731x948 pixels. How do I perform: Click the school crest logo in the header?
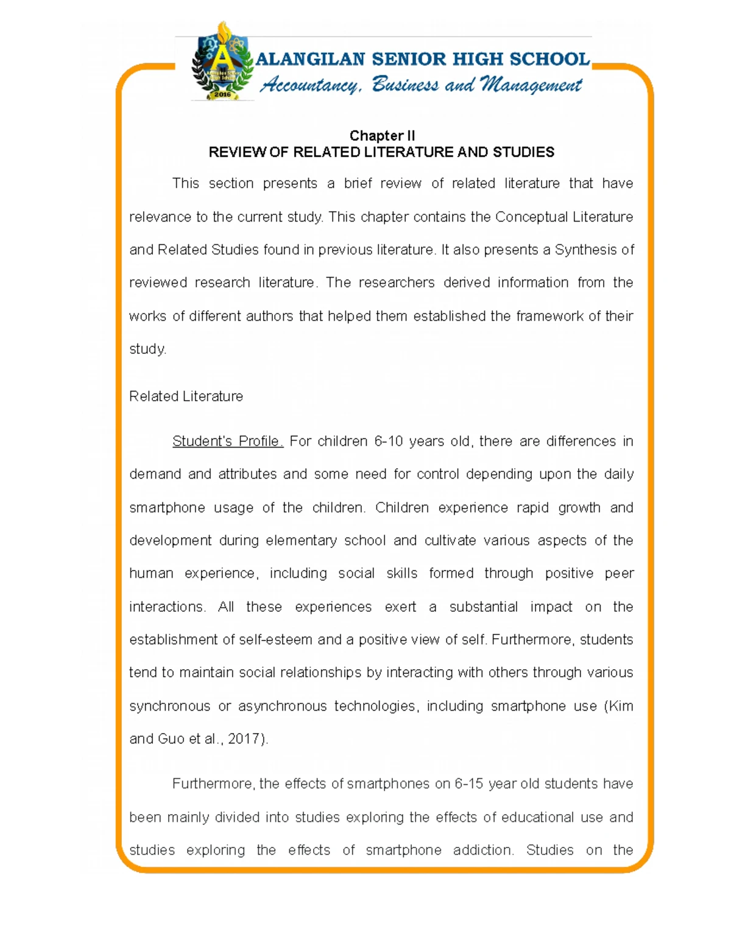222,62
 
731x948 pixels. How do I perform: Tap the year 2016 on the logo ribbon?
222,95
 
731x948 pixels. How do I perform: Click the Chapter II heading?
381,136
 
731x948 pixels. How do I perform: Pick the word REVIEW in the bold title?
237,152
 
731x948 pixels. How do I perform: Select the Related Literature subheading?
186,396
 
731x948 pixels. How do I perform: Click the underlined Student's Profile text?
227,441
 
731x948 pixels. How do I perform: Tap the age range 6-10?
388,441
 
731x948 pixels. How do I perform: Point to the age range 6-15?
468,784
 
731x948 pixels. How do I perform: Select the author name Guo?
171,739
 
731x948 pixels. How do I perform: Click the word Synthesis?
585,250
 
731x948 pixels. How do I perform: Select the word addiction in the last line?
482,850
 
